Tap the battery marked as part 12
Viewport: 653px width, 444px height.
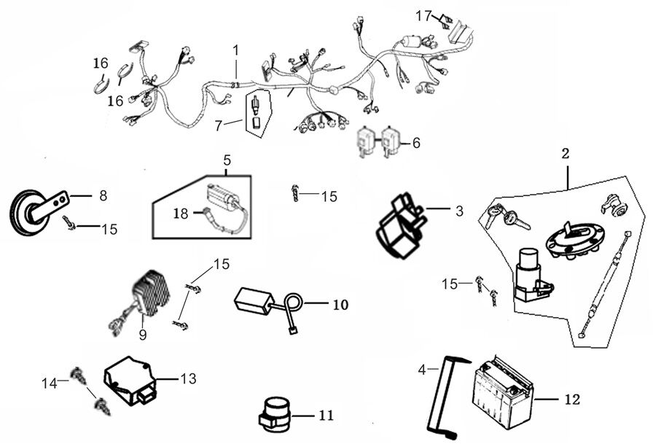click(x=504, y=398)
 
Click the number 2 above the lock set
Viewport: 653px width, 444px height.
click(x=566, y=155)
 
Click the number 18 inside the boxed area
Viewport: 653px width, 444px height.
click(x=181, y=213)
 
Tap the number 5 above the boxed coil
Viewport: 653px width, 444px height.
click(x=227, y=158)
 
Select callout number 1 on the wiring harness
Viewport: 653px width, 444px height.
click(x=235, y=50)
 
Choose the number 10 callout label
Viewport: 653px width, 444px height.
click(x=340, y=304)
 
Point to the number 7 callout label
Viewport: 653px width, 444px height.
click(x=218, y=126)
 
